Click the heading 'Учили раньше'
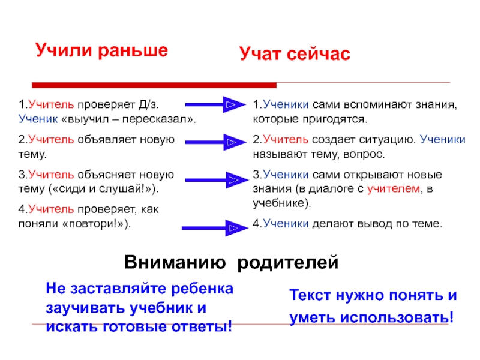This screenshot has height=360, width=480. pos(100,49)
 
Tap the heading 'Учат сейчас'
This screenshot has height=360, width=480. pos(294,54)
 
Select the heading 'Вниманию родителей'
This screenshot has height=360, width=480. pos(232,263)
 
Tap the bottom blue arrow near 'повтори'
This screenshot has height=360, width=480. pos(215,227)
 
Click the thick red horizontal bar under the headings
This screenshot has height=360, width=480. pos(154,85)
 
